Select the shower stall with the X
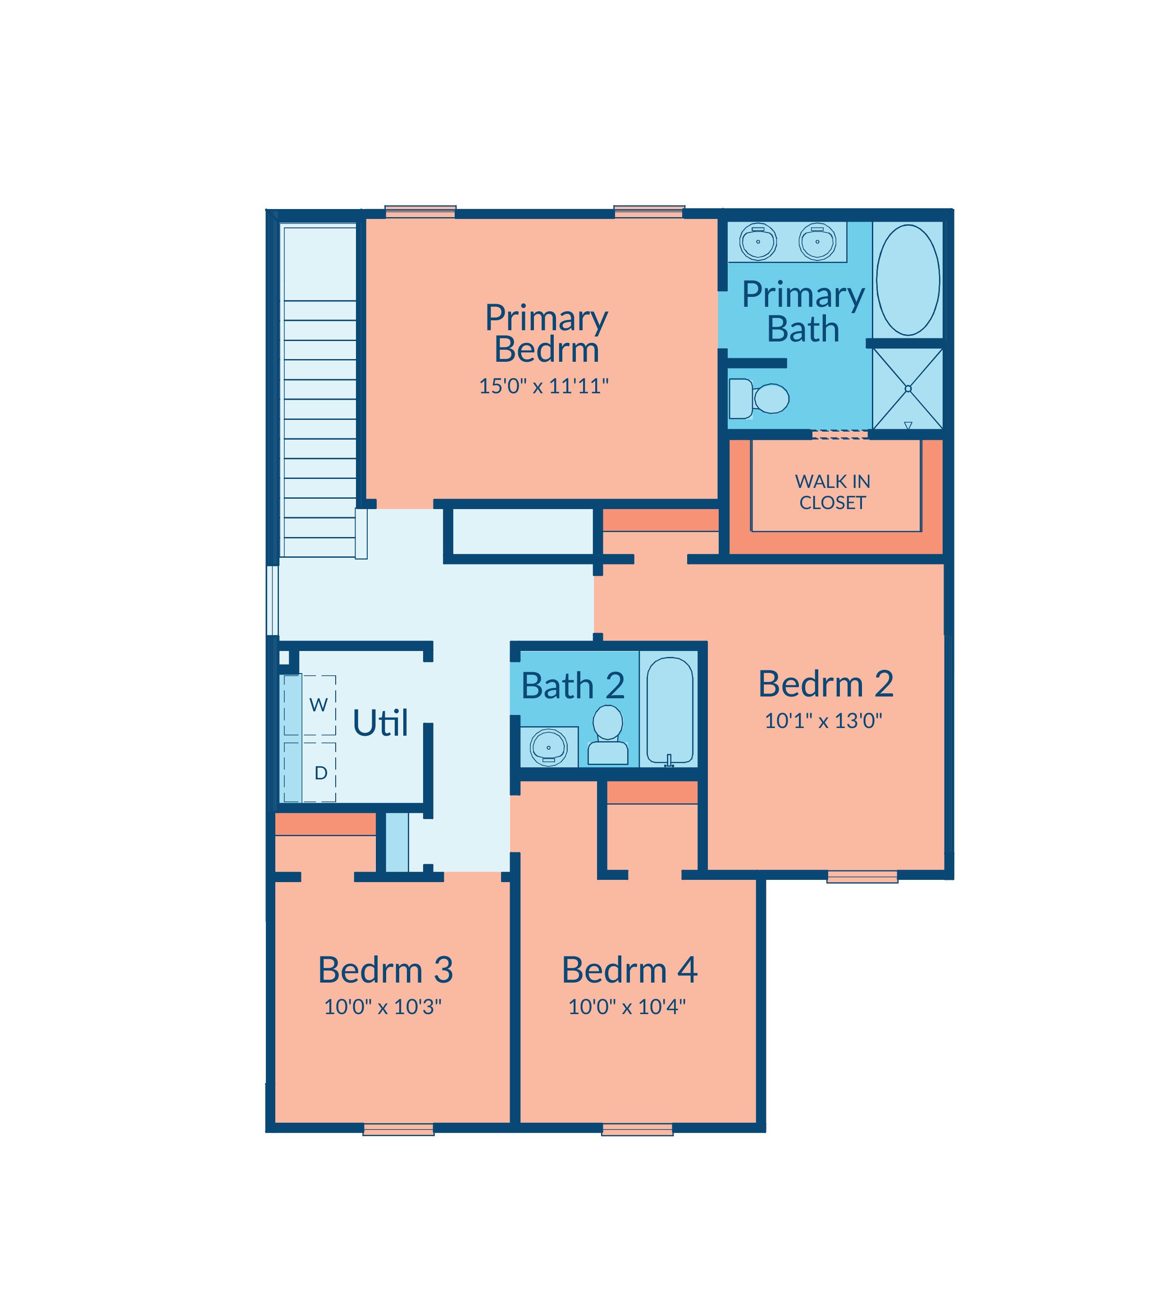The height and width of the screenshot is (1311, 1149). tap(907, 388)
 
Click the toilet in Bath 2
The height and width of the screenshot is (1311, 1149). tap(607, 735)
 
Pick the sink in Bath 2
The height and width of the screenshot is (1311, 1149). tap(548, 747)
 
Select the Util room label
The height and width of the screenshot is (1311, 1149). tap(380, 723)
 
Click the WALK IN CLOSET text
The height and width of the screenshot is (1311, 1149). tap(832, 492)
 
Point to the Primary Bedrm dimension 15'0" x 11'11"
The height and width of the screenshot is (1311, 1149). tap(544, 386)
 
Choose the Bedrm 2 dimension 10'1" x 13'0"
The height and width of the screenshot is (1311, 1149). tap(823, 721)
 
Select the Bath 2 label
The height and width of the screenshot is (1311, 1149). tap(573, 686)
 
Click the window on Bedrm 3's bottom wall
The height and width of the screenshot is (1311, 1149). tap(398, 1129)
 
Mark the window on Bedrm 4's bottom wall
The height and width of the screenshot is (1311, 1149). tap(637, 1129)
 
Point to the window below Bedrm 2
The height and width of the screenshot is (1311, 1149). tap(862, 876)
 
